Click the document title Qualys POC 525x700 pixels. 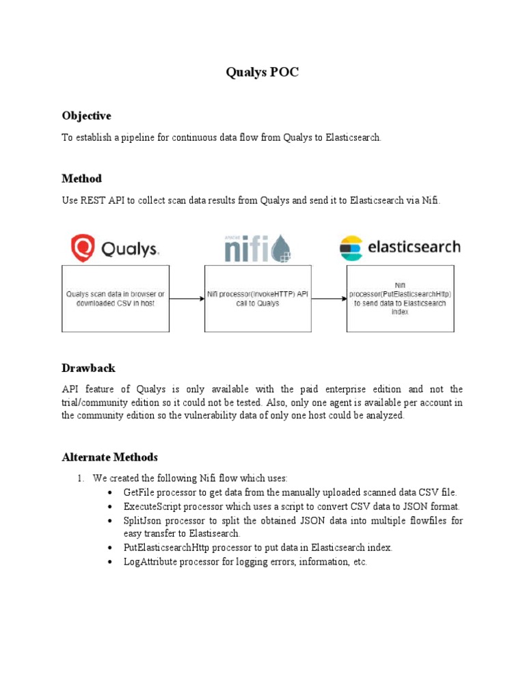point(262,73)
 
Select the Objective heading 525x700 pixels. point(86,116)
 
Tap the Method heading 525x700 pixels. point(81,178)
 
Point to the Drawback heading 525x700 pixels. point(88,368)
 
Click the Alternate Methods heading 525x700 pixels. point(109,457)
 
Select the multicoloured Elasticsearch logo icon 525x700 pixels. point(351,248)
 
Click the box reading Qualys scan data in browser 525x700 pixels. point(116,298)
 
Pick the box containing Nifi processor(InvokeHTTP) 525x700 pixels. point(258,298)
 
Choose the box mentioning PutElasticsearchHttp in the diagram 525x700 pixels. point(400,298)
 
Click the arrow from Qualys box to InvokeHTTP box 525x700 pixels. point(187,298)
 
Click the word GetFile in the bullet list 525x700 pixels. point(139,492)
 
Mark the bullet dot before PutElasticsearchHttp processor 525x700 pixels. point(111,548)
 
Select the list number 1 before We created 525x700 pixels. point(80,478)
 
